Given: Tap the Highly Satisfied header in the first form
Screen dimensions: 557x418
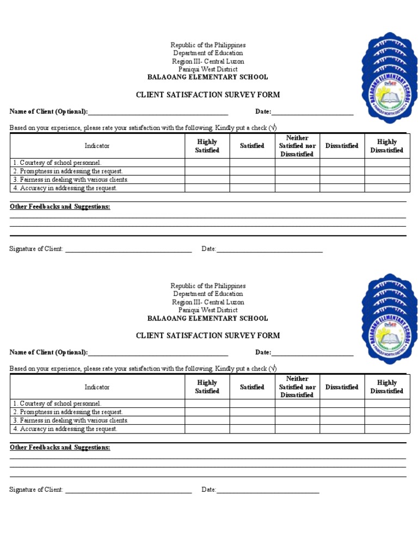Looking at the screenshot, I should (207, 146).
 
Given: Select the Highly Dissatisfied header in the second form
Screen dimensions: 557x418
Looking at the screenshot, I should (387, 387).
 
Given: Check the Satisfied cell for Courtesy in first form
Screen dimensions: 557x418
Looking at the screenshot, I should (252, 163).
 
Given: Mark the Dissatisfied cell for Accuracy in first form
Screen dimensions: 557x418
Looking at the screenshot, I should (342, 188).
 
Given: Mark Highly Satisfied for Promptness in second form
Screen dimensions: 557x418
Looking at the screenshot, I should (207, 412).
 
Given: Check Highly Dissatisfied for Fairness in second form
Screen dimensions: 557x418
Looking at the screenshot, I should (387, 420).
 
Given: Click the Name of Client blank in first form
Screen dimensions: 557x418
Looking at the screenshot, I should (158, 112).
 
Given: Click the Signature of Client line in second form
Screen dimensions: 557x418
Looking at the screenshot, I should (128, 490).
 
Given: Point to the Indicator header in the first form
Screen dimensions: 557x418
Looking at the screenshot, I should (97, 146).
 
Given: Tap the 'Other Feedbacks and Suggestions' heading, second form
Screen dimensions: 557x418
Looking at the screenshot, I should (60, 447).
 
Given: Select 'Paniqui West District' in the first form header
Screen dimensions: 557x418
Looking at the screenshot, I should (207, 69).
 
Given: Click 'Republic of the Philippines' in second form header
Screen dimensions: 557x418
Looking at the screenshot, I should (208, 286).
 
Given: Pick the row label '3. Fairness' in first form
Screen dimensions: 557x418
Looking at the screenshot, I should (71, 180).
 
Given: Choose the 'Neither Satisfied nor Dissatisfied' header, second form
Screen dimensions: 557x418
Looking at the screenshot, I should (297, 387).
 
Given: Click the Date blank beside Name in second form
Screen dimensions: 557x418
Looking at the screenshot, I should (312, 353).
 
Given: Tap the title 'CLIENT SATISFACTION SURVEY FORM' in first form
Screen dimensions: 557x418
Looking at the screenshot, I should (208, 95).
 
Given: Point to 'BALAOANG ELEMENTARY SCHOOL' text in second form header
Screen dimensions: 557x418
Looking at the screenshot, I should (208, 318).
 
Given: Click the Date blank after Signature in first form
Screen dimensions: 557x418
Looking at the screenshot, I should (269, 249).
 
